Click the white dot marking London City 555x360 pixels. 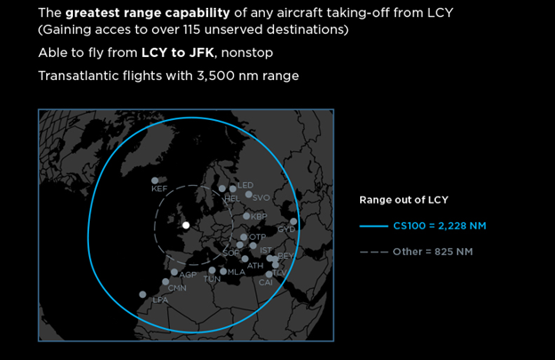(x=186, y=225)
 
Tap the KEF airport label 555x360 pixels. (x=159, y=188)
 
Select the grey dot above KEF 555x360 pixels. (x=155, y=180)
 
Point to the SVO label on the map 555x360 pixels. (x=261, y=198)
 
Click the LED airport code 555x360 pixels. (x=245, y=185)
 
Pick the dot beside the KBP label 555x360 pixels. (x=246, y=216)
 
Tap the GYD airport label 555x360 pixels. (x=286, y=229)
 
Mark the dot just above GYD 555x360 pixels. (x=294, y=221)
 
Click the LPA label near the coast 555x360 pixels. (x=160, y=300)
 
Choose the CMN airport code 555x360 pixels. (x=177, y=288)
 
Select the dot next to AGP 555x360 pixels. (x=174, y=272)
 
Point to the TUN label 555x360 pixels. (x=212, y=279)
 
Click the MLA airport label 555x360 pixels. (x=237, y=272)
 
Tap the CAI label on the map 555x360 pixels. (x=266, y=283)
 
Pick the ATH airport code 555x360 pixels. (x=255, y=266)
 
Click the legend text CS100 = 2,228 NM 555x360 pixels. (x=439, y=226)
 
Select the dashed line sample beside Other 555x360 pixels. (x=374, y=252)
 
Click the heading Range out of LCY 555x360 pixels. (x=404, y=200)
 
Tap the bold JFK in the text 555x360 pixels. (x=201, y=52)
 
